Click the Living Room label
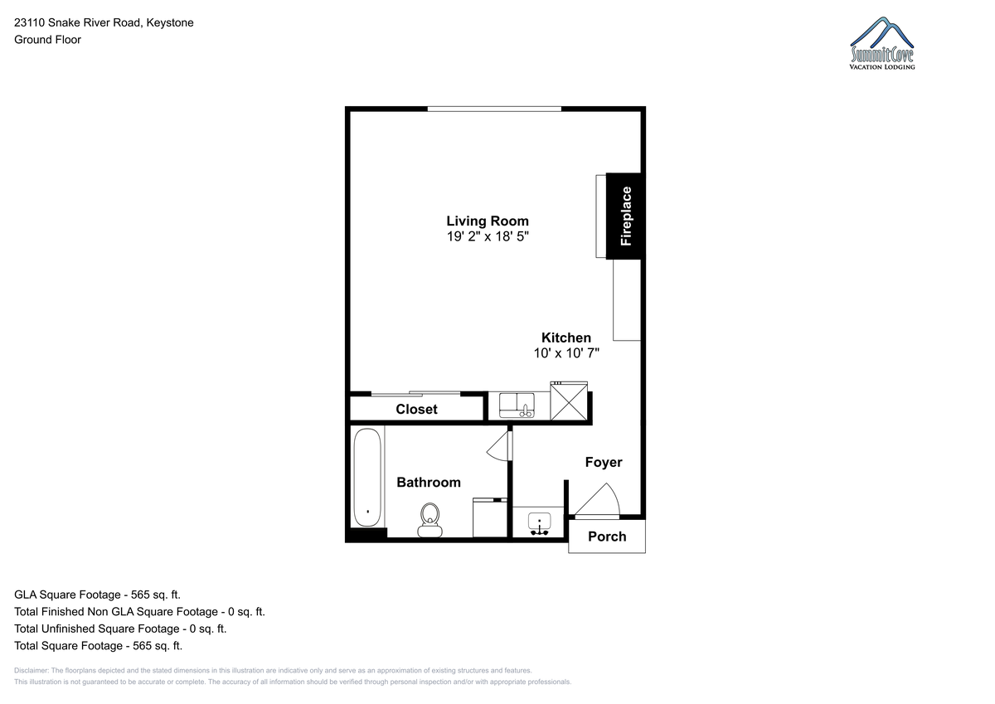coord(488,221)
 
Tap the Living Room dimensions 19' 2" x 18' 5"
coord(488,236)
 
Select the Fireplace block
coord(624,216)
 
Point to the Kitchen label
coord(565,337)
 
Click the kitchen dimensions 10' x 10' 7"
coord(566,353)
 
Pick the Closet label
coord(416,409)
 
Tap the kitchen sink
coord(517,405)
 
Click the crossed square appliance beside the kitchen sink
coord(569,401)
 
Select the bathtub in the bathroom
coord(367,478)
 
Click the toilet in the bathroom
coord(430,520)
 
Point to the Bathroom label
coord(428,483)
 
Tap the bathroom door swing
coord(500,445)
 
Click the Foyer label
coord(604,463)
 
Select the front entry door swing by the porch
coord(597,501)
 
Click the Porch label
coord(607,536)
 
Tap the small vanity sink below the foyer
coord(539,524)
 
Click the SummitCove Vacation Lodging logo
coord(881,43)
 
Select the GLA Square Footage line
coord(97,595)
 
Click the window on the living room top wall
coord(494,109)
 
